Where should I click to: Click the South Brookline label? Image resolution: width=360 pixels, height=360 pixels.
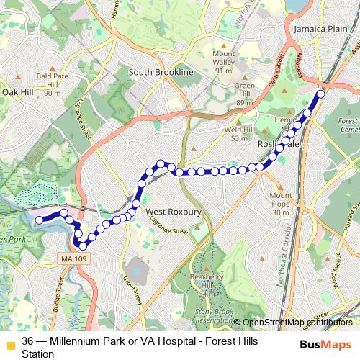(x=161, y=73)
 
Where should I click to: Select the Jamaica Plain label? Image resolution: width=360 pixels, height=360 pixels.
(x=320, y=28)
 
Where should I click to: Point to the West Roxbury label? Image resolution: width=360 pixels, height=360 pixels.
(x=174, y=212)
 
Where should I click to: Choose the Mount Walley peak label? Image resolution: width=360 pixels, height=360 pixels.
(x=223, y=62)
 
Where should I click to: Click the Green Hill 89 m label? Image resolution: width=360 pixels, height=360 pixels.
(x=245, y=94)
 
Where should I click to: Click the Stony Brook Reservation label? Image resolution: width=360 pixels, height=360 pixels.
(x=215, y=315)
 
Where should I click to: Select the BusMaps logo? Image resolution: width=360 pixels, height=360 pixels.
(x=326, y=344)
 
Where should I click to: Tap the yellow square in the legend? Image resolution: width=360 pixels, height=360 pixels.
(x=9, y=342)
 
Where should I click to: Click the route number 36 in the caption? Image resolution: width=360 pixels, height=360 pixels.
(x=27, y=341)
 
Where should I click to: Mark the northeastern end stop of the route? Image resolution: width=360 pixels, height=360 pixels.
(x=320, y=93)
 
